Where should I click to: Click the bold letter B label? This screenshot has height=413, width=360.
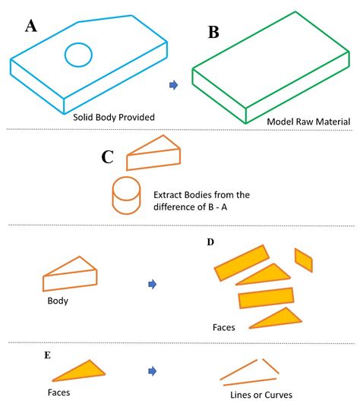pyautogui.click(x=215, y=33)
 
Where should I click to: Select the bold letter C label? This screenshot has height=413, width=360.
pyautogui.click(x=108, y=157)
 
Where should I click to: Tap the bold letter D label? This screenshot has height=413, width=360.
pyautogui.click(x=210, y=242)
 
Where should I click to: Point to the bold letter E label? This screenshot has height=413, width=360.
pyautogui.click(x=47, y=355)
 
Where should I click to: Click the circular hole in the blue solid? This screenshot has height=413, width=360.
pyautogui.click(x=78, y=54)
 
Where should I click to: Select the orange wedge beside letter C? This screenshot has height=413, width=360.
pyautogui.click(x=153, y=154)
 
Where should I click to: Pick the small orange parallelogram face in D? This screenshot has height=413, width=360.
pyautogui.click(x=303, y=260)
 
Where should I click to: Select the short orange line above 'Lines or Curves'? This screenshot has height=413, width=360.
pyautogui.click(x=270, y=365)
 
